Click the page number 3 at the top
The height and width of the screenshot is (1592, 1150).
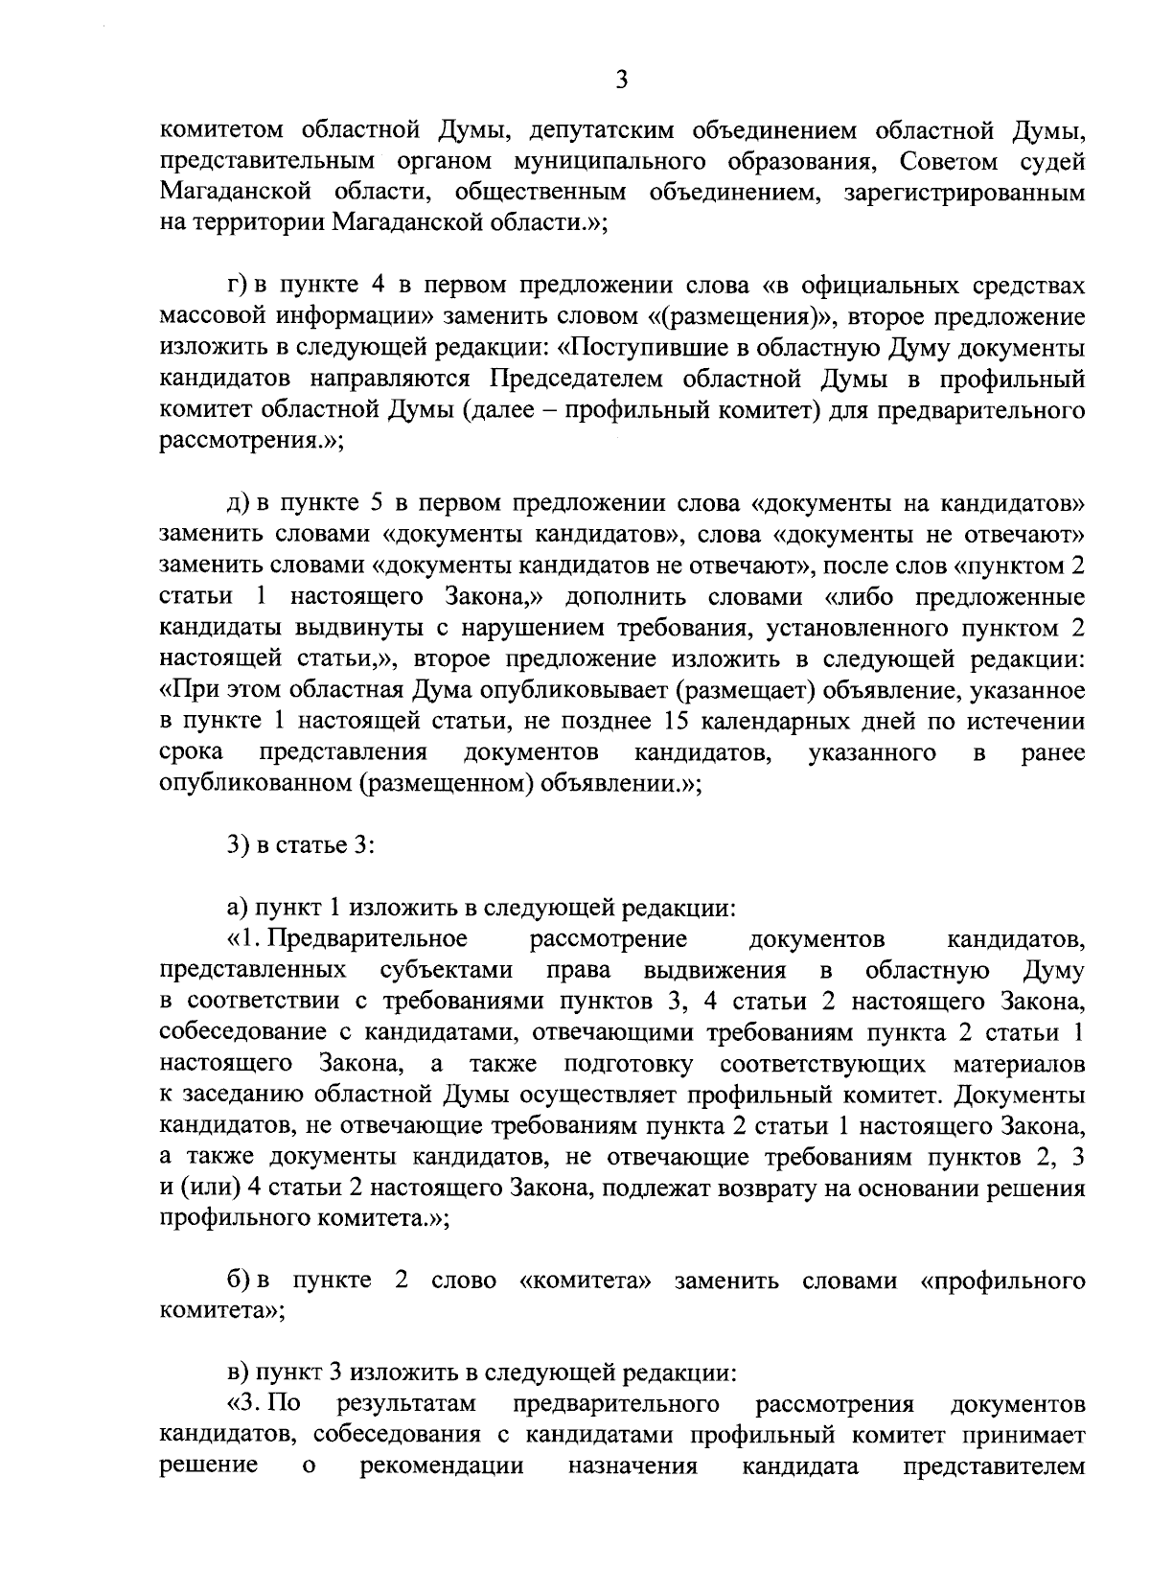pyautogui.click(x=621, y=81)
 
